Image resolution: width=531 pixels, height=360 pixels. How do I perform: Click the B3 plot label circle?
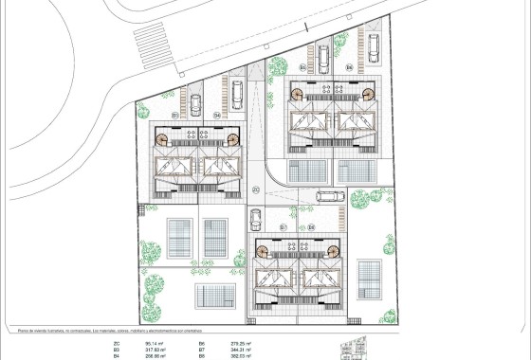click(176, 115)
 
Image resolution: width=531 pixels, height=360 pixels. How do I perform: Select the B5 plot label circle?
click(302, 68)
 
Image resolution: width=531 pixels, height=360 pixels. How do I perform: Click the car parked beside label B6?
click(373, 45)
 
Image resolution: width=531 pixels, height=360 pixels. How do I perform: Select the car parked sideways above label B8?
click(329, 198)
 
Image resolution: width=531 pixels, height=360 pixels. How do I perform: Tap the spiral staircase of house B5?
click(297, 95)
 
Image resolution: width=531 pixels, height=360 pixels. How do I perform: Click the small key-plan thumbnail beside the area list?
click(356, 347)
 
